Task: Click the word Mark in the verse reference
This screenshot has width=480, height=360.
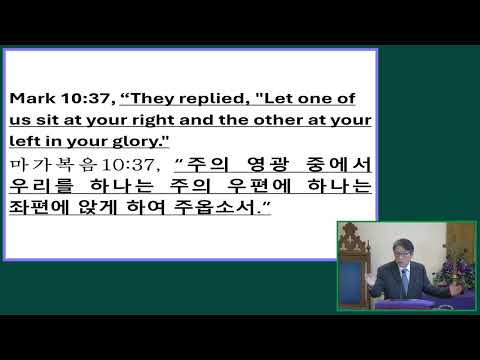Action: point(30,100)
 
